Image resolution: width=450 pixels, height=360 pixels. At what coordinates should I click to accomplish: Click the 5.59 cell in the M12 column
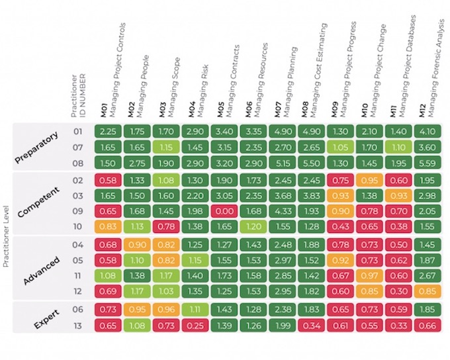(x=427, y=163)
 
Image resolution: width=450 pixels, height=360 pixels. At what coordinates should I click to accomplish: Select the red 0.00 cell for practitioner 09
(x=224, y=211)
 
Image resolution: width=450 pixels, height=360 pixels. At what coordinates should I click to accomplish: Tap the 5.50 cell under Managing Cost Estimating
(x=312, y=163)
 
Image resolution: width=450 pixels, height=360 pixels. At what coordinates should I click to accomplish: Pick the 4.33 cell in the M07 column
(x=283, y=211)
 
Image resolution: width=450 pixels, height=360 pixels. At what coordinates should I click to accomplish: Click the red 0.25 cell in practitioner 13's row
(x=195, y=326)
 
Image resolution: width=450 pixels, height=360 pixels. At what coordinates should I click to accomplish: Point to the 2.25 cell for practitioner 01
(x=108, y=131)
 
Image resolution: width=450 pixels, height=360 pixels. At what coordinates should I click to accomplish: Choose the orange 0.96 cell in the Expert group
(x=166, y=310)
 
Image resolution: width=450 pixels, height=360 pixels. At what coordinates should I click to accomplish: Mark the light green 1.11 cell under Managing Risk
(x=195, y=310)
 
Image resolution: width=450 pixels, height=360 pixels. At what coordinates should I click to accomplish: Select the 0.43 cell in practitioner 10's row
(x=341, y=226)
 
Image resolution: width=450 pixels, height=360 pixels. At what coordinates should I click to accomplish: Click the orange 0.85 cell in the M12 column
(x=427, y=291)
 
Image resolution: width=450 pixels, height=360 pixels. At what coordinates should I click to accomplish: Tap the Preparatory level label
(x=36, y=148)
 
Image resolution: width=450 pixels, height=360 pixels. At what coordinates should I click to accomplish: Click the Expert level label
(x=47, y=319)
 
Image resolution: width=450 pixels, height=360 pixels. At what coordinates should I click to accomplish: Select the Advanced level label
(x=42, y=271)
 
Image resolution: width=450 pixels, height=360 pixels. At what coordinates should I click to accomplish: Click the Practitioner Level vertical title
(x=7, y=236)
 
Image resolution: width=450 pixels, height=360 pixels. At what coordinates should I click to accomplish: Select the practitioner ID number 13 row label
(x=78, y=326)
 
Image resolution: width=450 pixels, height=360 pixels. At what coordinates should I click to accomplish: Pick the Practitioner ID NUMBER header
(x=79, y=96)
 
